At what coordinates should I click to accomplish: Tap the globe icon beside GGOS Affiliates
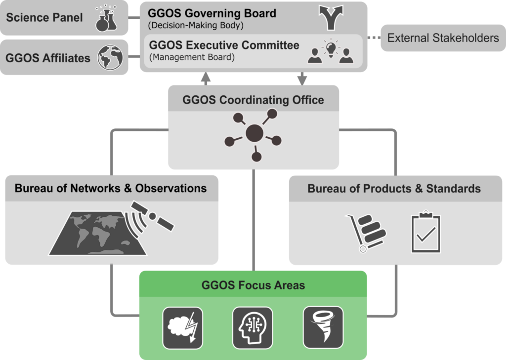(110, 57)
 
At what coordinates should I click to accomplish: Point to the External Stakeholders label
(443, 38)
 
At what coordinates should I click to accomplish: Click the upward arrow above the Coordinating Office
(206, 78)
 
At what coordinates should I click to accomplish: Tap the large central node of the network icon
(254, 132)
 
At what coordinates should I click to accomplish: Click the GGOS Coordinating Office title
(253, 100)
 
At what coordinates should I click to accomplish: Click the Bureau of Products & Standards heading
(394, 189)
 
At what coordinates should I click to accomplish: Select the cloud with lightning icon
(182, 327)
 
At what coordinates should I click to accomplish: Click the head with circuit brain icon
(253, 327)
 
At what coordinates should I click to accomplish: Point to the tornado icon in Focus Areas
(323, 327)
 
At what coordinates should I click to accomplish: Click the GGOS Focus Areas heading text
(253, 285)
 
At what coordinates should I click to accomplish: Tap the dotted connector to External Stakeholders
(374, 38)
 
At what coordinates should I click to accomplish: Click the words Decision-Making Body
(196, 25)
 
